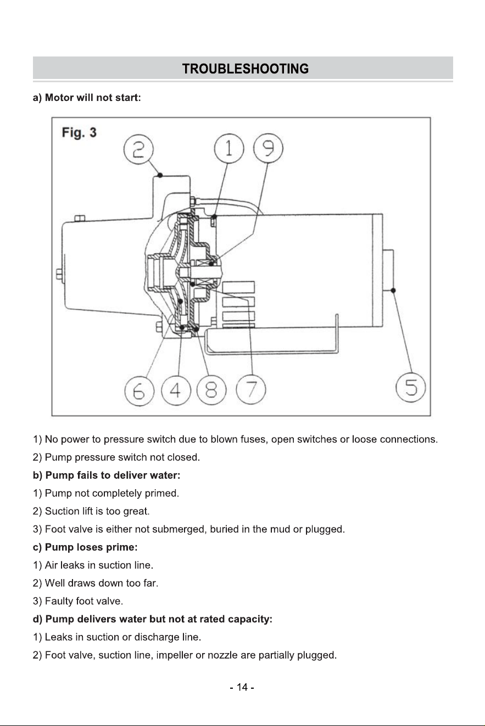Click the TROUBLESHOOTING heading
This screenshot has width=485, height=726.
[x=245, y=69]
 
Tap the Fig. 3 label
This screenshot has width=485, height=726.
[x=79, y=133]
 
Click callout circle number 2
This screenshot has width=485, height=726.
[x=138, y=149]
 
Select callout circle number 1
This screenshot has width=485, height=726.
[x=229, y=149]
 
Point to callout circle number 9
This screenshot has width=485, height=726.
[x=268, y=148]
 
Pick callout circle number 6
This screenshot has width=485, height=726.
[x=140, y=391]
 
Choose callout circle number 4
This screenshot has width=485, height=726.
[x=176, y=390]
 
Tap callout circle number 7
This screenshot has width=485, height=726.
[x=251, y=389]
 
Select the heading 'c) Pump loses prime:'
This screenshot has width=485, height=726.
[x=85, y=547]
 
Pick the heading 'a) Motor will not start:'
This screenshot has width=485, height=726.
[x=87, y=98]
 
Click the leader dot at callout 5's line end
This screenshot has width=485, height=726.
[x=393, y=291]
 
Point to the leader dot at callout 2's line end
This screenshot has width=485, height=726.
[x=160, y=175]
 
